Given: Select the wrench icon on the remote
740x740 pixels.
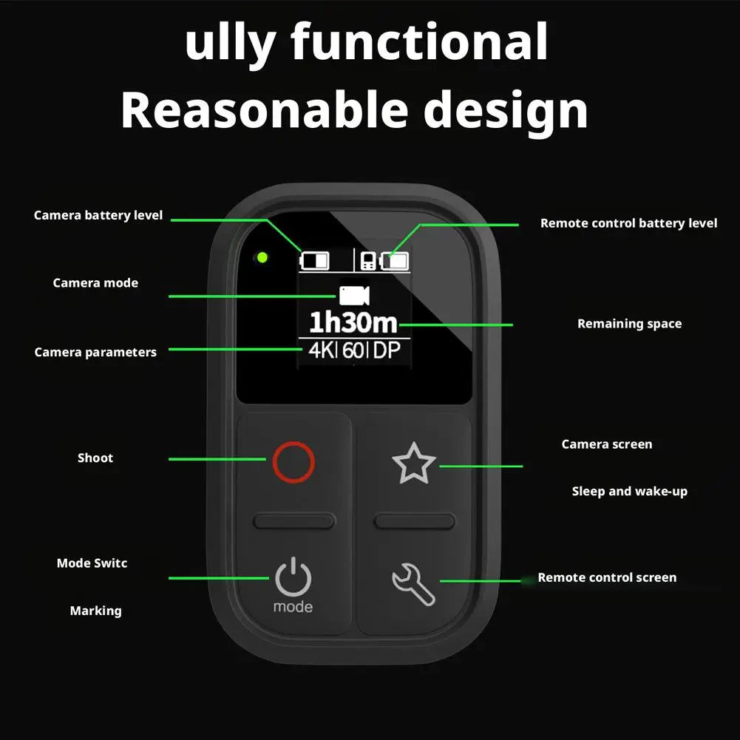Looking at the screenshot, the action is tap(413, 584).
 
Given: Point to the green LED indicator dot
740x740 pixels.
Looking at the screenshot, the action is tap(263, 257).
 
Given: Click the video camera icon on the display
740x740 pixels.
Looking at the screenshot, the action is tap(354, 296).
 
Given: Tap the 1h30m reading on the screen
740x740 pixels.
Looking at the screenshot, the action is tap(353, 323).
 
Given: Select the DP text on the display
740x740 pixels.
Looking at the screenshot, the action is tap(387, 350).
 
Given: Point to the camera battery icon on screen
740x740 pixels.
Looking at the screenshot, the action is tap(314, 260).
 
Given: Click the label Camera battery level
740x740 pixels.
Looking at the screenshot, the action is tap(98, 216).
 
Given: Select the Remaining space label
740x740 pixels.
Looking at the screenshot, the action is tap(630, 324).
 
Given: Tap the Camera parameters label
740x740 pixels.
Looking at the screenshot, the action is tap(95, 353).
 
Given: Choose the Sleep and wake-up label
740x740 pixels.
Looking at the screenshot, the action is tap(630, 492).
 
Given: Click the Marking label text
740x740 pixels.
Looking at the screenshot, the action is tap(96, 611).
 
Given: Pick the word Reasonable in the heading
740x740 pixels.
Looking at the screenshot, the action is tap(265, 110).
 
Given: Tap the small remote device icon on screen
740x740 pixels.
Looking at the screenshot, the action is tap(368, 261).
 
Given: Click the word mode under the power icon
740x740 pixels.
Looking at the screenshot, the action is tap(293, 606).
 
